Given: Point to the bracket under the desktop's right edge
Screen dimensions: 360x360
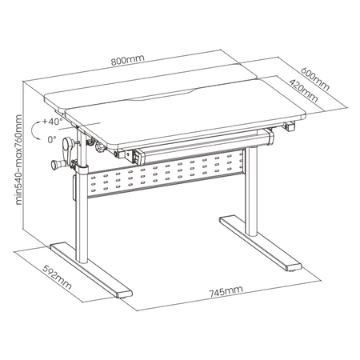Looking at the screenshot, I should [x=290, y=125].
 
